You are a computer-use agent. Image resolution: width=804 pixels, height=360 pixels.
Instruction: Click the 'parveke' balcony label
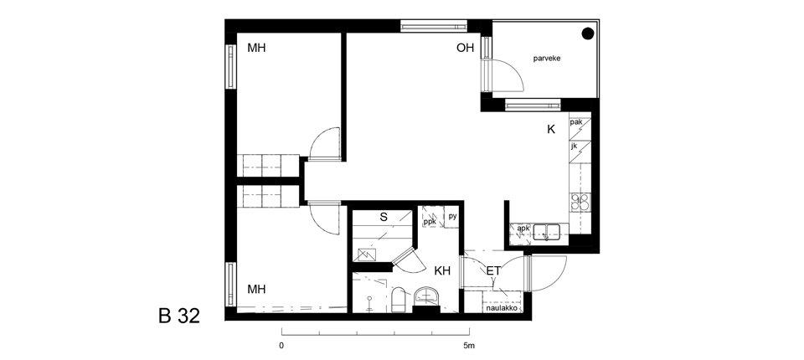pos(547,59)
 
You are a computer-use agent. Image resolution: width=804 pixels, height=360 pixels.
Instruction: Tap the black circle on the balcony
pos(588,33)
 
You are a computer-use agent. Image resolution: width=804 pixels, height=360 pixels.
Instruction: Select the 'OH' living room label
pos(466,49)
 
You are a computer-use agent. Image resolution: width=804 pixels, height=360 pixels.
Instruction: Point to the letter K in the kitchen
pos(551,129)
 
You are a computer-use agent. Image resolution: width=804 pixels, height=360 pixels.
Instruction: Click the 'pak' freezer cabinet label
pos(576,122)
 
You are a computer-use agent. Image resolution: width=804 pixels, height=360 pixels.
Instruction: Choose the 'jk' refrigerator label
pos(574,147)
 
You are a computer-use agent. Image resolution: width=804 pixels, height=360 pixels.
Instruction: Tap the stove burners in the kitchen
pos(580,201)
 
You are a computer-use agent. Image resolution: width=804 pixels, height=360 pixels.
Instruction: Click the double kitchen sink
pos(545,232)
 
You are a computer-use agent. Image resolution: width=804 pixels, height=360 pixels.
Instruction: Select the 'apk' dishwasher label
pos(523,229)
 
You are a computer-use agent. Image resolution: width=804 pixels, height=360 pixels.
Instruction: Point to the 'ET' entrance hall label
pos(493,270)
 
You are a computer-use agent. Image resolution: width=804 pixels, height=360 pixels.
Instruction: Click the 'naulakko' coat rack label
pos(502,308)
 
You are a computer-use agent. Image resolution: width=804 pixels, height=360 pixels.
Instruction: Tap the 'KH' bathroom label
pos(442,270)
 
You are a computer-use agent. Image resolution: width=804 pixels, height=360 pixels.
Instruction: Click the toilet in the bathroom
pos(399,300)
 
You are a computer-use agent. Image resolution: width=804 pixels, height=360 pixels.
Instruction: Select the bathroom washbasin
pos(426,296)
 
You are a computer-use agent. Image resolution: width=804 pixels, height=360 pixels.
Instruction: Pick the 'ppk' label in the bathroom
pos(430,222)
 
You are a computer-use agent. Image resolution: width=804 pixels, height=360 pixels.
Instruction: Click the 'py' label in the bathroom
pos(452,216)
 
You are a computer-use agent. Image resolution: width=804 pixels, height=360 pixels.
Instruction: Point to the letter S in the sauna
pos(384,217)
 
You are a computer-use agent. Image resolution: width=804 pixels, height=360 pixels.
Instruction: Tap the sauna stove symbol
pos(367,254)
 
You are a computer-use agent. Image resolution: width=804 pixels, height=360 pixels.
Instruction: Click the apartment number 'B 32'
pos(179,316)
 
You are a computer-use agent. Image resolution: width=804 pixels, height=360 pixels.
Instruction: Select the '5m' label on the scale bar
pos(469,346)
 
